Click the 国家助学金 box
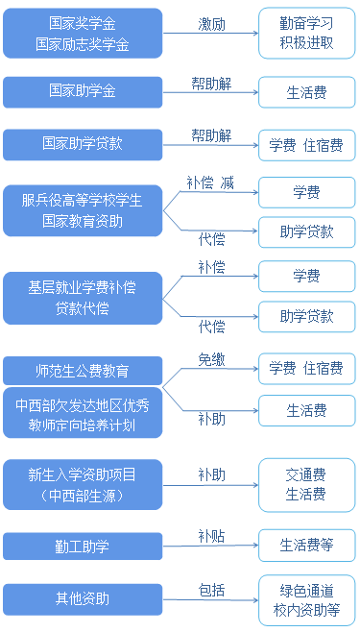coord(82,92)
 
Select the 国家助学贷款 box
coord(82,145)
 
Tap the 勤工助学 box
coord(82,547)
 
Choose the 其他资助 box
coord(82,599)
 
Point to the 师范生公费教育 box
coord(82,370)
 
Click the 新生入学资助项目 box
coord(82,484)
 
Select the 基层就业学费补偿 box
coord(82,297)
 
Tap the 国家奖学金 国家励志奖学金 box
coord(82,34)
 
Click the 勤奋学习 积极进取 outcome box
coord(306,34)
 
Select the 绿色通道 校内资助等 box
coord(306,599)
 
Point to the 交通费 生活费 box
coord(306,484)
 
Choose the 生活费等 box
coord(306,546)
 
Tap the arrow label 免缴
coord(211,357)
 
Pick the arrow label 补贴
coord(211,535)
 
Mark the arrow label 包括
coord(211,588)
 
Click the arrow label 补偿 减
coord(211,182)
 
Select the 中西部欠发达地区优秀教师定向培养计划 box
coord(82,413)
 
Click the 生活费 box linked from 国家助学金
coord(306,92)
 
